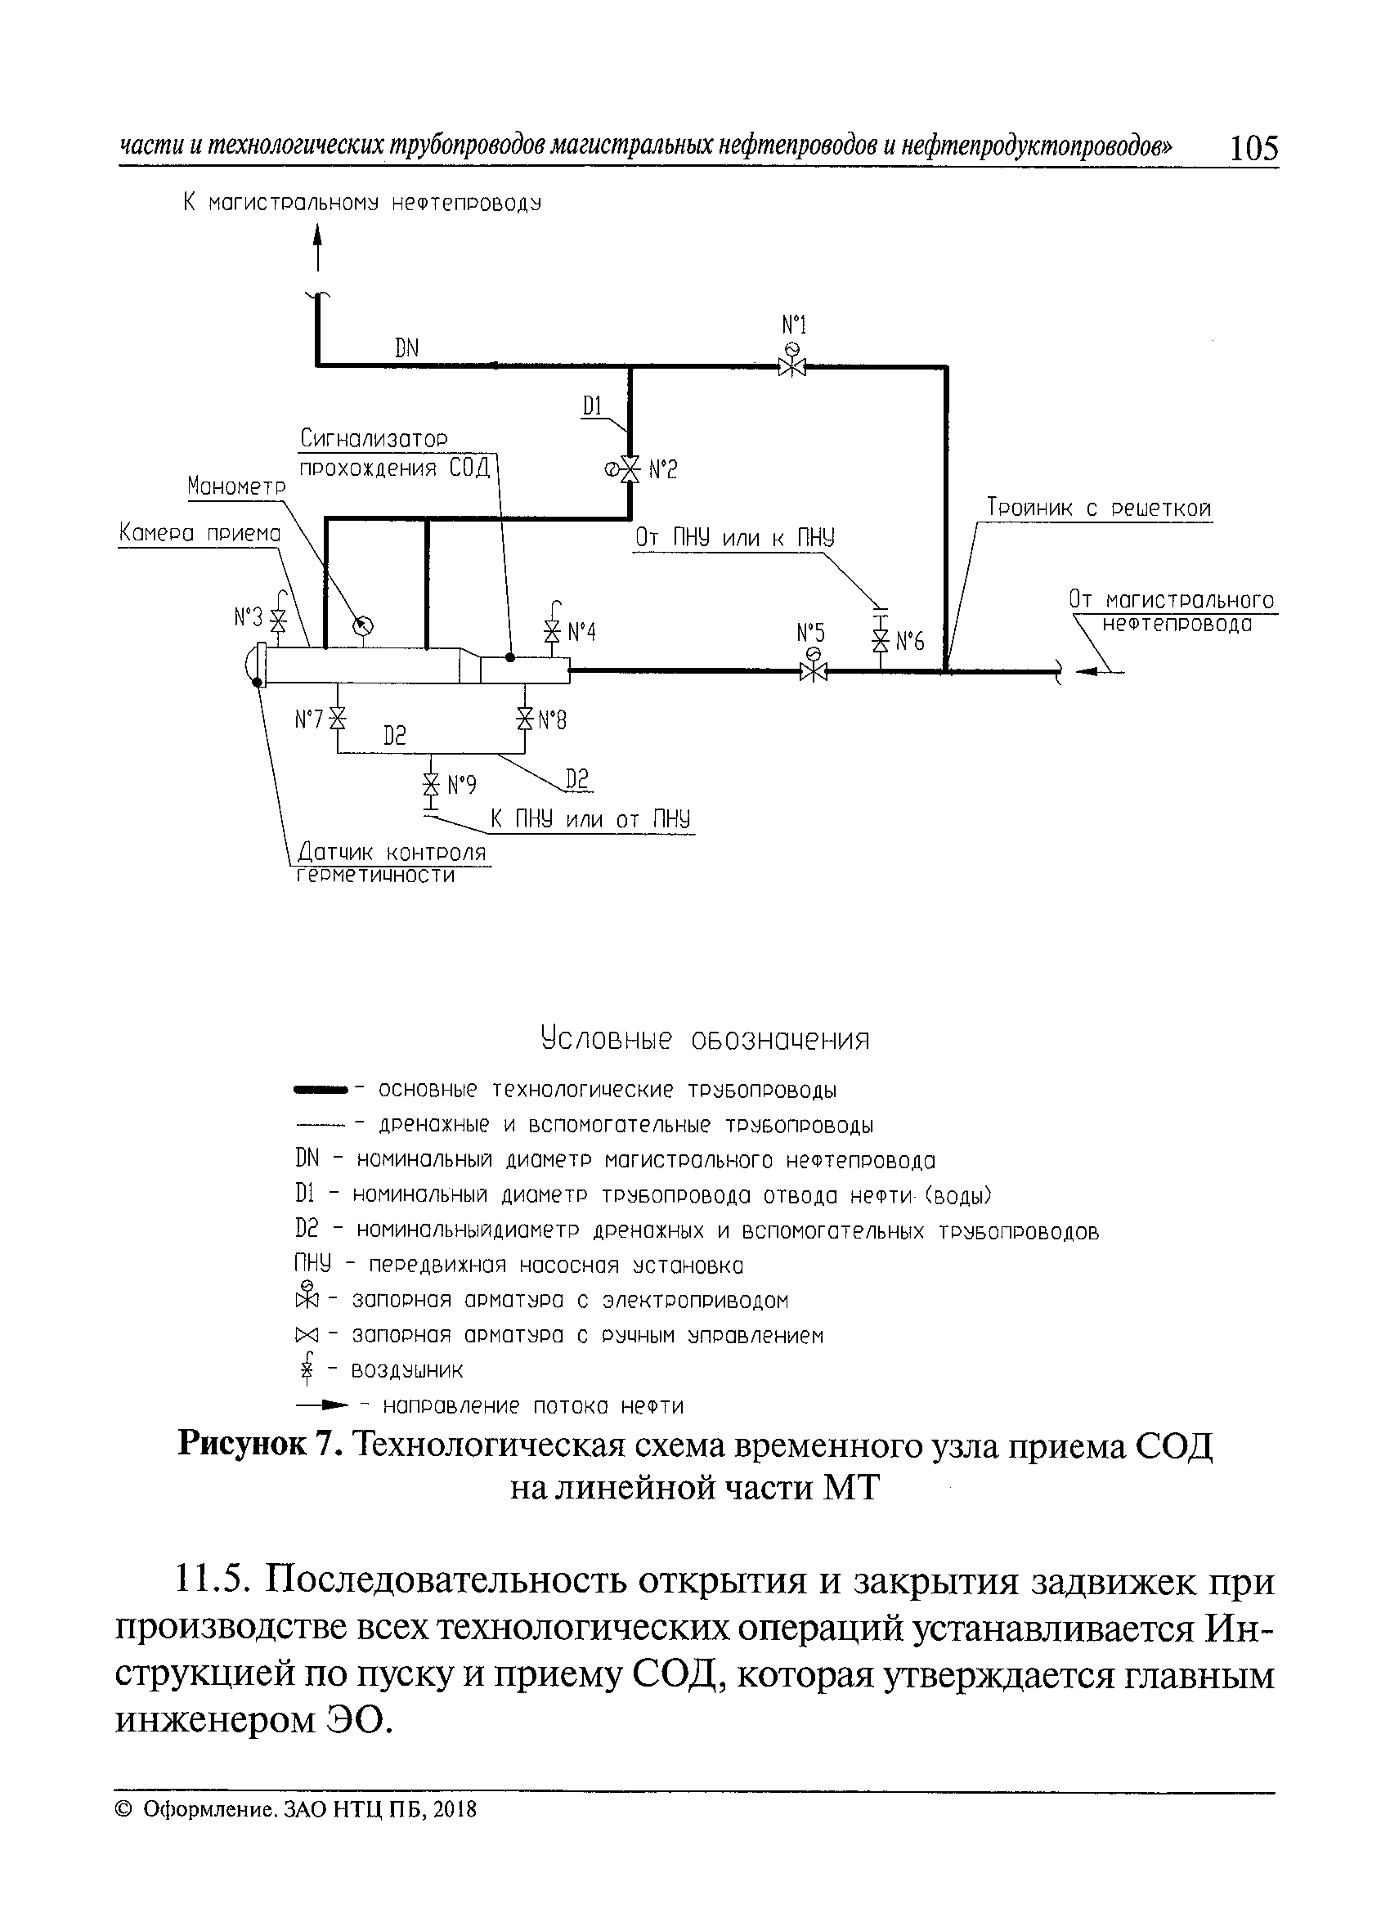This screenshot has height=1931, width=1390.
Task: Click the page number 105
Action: pyautogui.click(x=1254, y=148)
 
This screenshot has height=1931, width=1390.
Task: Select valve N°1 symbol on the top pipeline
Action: pyautogui.click(x=792, y=366)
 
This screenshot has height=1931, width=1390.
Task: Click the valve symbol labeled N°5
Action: pyautogui.click(x=814, y=672)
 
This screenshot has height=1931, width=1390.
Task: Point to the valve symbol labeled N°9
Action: pyautogui.click(x=432, y=784)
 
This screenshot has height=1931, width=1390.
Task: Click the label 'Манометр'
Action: pyautogui.click(x=237, y=486)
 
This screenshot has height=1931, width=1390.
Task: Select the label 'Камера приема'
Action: pyautogui.click(x=200, y=534)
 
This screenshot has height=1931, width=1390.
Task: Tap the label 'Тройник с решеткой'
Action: pyautogui.click(x=1099, y=509)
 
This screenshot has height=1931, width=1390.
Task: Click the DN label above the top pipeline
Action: pyautogui.click(x=407, y=347)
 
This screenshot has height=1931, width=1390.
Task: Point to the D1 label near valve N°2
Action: pyautogui.click(x=593, y=407)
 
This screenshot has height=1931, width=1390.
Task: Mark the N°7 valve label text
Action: pyautogui.click(x=308, y=720)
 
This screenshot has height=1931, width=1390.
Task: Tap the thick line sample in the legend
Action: pyautogui.click(x=321, y=1089)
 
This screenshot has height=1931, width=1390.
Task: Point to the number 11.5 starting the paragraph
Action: pyautogui.click(x=211, y=1583)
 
